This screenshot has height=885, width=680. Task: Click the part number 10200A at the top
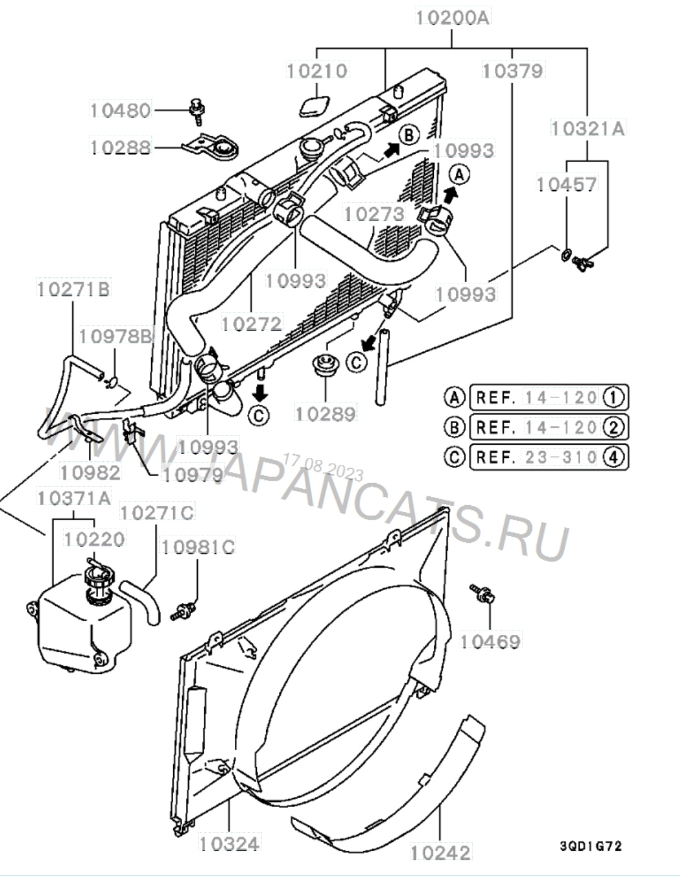453,18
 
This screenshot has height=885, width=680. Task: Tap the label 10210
317,71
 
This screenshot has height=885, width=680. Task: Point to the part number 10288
120,147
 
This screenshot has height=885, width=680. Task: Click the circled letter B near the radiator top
409,135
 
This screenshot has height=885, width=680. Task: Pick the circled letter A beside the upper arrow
460,175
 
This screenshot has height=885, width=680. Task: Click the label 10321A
588,128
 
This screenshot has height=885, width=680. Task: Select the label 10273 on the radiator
375,214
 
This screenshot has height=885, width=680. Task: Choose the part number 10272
252,324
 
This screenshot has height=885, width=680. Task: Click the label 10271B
74,288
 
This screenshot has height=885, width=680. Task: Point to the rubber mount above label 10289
326,364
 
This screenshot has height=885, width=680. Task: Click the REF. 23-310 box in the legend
549,457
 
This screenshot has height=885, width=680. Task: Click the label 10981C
198,547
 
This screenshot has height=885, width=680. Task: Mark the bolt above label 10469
482,594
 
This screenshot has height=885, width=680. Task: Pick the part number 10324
230,844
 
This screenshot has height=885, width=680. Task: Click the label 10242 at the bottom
441,853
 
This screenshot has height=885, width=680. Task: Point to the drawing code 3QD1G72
591,847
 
